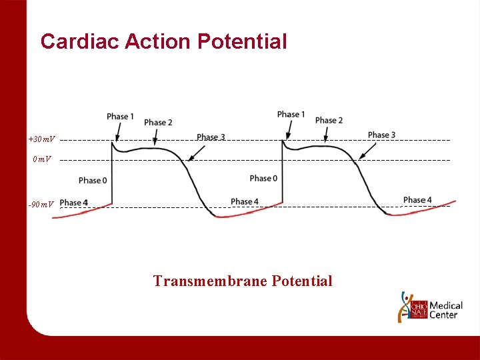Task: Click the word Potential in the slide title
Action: [242, 41]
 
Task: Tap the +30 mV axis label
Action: [42, 139]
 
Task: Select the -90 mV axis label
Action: [41, 204]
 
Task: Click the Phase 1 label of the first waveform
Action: [121, 117]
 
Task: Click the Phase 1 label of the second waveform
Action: [291, 115]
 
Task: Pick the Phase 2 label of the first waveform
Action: [158, 122]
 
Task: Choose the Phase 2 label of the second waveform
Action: [329, 120]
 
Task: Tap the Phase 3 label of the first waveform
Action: [211, 137]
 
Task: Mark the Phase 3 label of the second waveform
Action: [381, 135]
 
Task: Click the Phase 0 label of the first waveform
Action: [93, 180]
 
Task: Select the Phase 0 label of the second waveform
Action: [263, 178]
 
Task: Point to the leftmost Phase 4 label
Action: [73, 203]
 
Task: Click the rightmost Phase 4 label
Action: [417, 200]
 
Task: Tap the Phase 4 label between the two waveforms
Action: [245, 201]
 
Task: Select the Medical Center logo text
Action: [446, 310]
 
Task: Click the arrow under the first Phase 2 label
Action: [155, 137]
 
